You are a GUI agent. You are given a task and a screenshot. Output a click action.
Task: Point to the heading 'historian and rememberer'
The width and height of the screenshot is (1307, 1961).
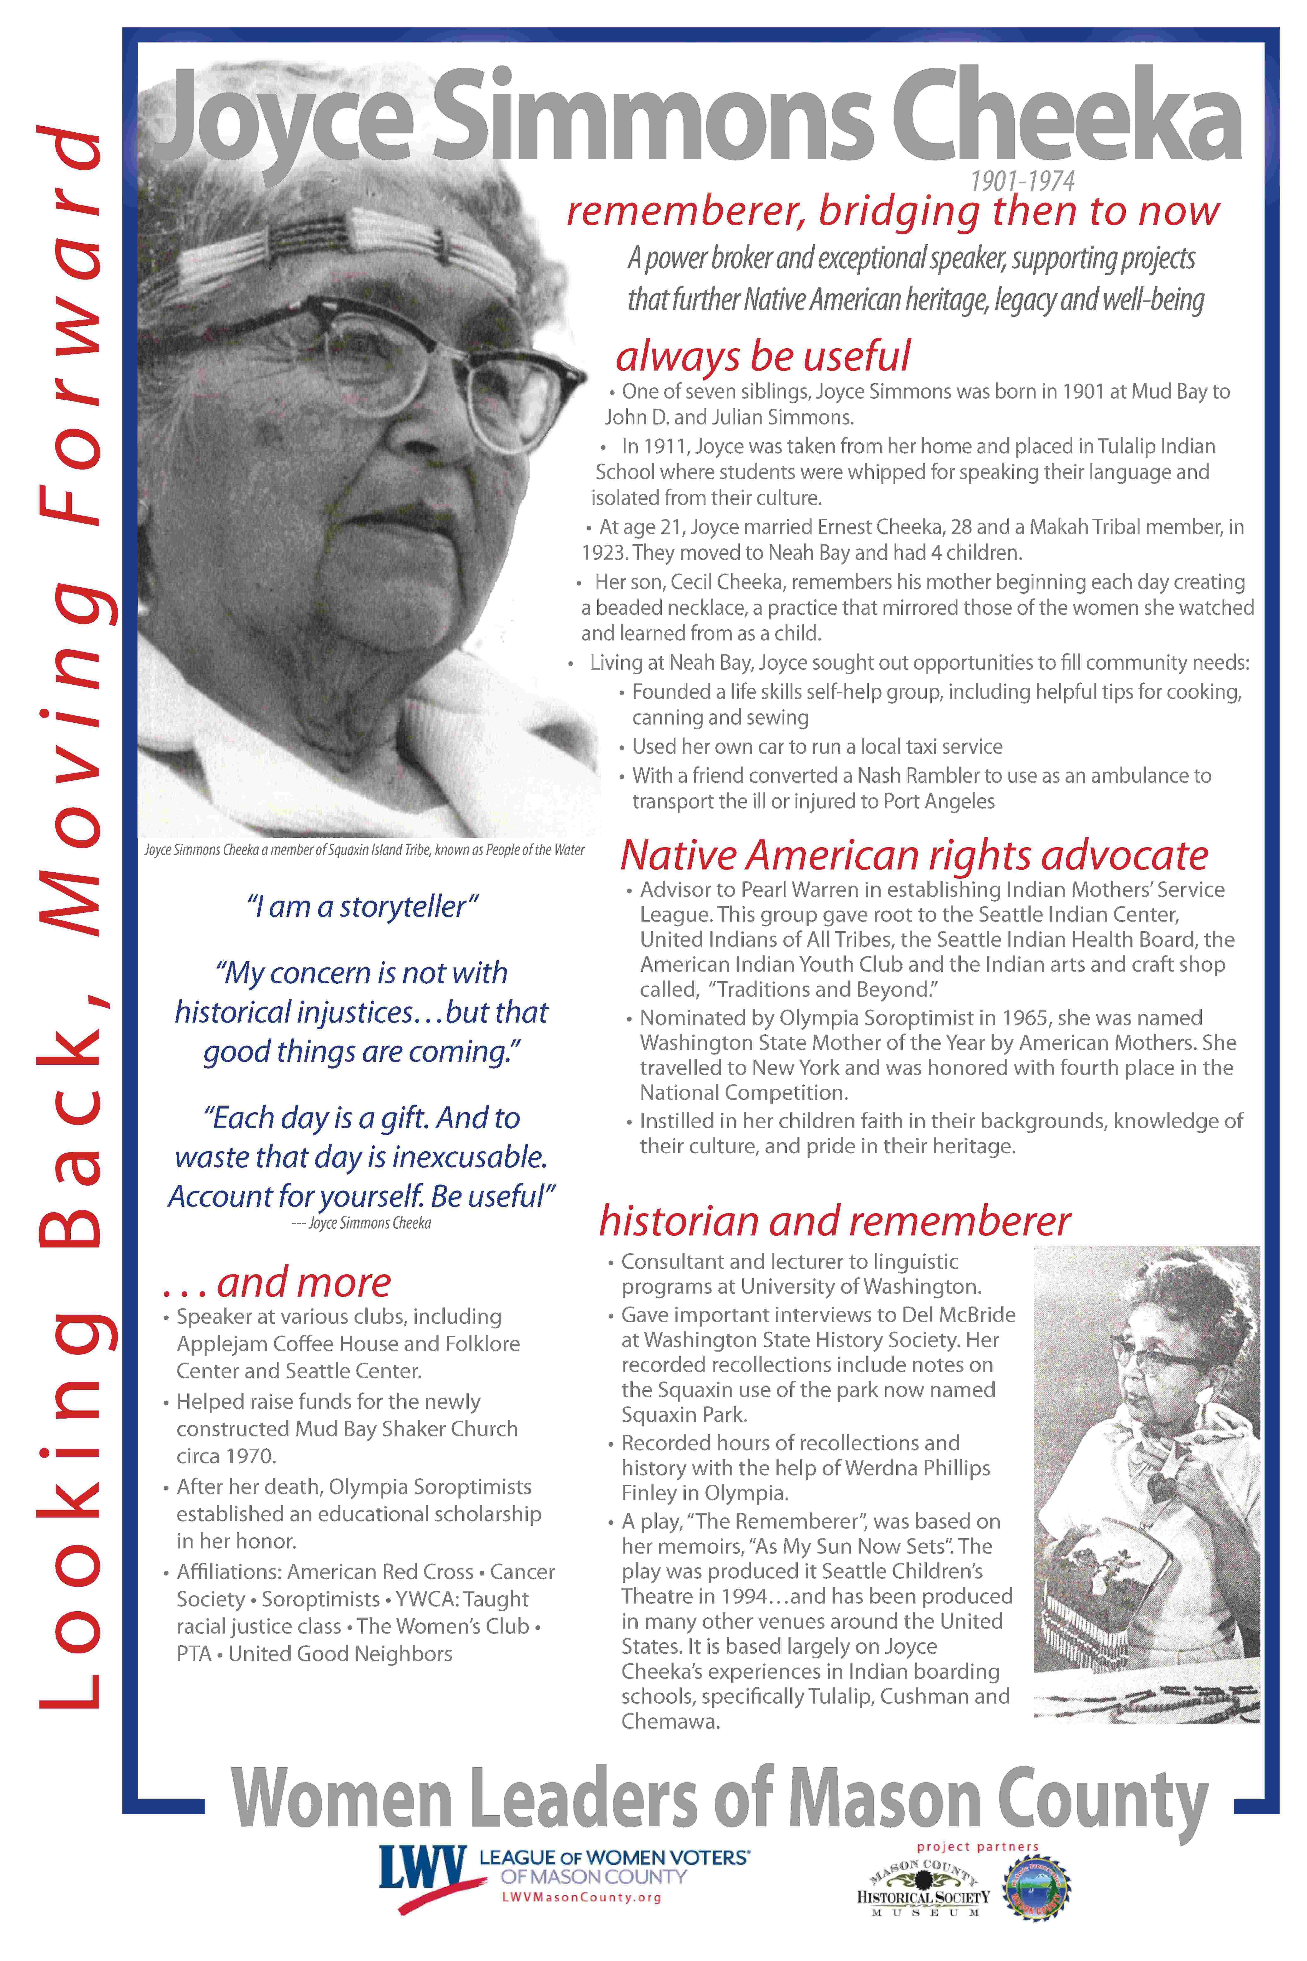coord(834,1221)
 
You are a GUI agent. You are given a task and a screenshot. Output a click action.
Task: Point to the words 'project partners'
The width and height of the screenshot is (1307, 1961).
coord(978,1847)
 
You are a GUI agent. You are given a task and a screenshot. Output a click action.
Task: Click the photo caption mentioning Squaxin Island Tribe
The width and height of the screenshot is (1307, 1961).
coord(364,850)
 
